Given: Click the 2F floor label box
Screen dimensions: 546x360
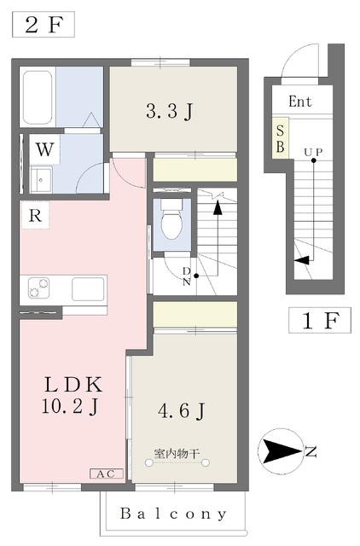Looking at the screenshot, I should [x=44, y=24].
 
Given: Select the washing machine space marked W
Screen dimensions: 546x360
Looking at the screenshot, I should [x=45, y=150].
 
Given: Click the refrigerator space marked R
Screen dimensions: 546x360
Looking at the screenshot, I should [x=35, y=216].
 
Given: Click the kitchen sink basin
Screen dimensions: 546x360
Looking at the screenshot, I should [x=88, y=288].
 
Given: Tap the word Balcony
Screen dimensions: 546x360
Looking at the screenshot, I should [x=173, y=514].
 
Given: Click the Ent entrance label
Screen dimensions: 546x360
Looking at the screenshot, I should [x=299, y=102].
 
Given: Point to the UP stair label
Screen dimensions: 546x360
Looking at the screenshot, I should [x=313, y=153].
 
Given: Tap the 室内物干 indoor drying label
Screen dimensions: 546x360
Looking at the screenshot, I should [x=177, y=453].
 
